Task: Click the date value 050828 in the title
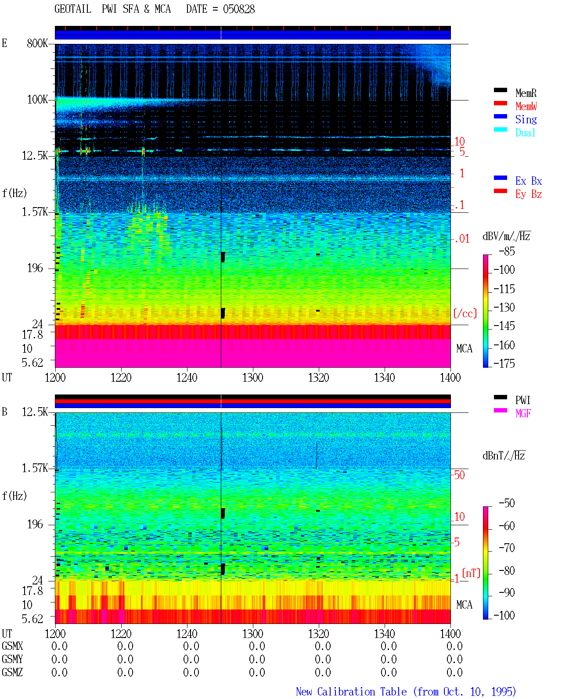238,9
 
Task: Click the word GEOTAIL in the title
73,9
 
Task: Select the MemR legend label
526,93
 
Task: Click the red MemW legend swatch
500,103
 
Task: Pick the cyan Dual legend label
525,133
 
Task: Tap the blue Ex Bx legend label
528,181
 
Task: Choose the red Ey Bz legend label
528,194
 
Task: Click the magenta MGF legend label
523,413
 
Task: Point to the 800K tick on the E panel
37,43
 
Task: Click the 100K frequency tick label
37,100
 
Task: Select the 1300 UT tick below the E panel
252,377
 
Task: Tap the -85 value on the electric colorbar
507,251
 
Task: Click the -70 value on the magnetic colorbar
507,548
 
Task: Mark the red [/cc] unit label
465,313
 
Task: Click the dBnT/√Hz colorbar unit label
504,455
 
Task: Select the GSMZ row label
12,672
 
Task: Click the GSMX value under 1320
323,646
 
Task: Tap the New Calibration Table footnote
406,692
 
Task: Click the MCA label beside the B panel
464,605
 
